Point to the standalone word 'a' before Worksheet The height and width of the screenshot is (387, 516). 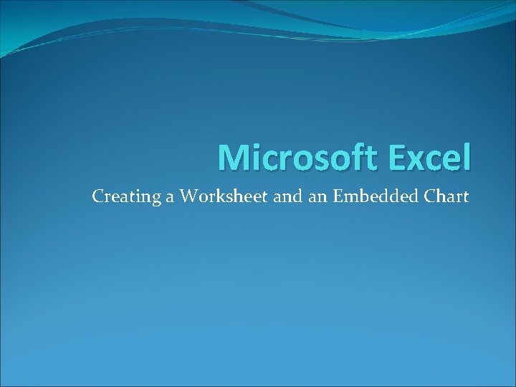(x=171, y=197)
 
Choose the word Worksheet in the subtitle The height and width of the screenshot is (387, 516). (x=224, y=196)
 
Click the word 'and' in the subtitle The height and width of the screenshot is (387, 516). (x=287, y=196)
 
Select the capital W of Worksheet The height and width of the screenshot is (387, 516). (x=188, y=196)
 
